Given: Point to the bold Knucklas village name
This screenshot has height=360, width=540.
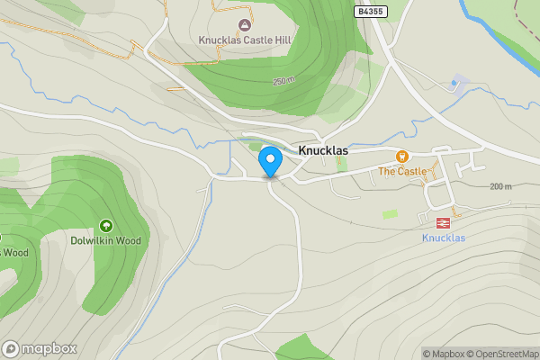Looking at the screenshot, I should [x=323, y=150].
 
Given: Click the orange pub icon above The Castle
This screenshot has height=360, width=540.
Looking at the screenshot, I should [x=401, y=157].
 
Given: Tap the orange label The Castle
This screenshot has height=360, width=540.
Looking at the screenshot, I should [x=401, y=171].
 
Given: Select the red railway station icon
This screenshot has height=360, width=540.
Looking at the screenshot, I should [x=443, y=221].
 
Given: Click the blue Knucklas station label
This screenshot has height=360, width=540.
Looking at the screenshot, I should [x=443, y=238].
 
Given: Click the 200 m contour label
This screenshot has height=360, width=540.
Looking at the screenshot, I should [x=501, y=186].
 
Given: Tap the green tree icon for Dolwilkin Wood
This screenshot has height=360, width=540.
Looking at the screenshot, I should [x=106, y=226].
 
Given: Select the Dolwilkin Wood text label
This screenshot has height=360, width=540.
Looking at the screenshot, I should [x=106, y=241].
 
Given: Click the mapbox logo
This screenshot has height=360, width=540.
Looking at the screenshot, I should [x=40, y=348].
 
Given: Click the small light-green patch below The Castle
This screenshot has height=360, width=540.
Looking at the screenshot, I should [x=390, y=214].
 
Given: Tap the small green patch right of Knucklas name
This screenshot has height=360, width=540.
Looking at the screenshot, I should [x=342, y=164].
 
